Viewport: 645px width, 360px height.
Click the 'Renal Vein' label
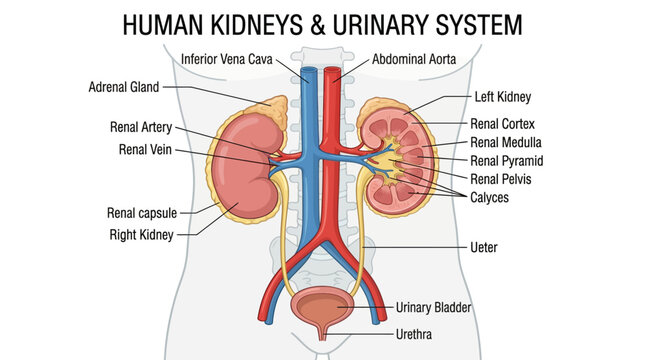[x=147, y=150]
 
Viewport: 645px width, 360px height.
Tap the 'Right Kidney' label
[x=142, y=235]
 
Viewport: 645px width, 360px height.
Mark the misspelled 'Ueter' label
[x=484, y=246]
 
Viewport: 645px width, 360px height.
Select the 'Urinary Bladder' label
[x=433, y=307]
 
